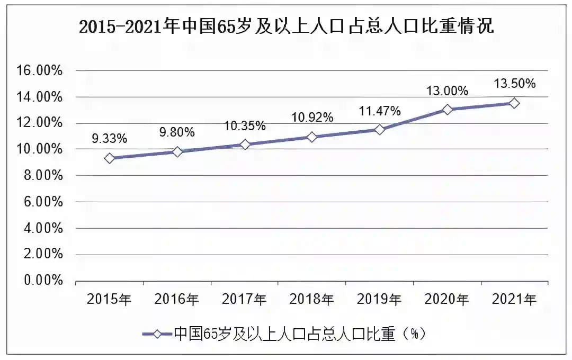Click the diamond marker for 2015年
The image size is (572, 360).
tap(110, 158)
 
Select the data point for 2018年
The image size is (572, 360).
tap(312, 137)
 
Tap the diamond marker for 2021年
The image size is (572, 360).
tap(514, 103)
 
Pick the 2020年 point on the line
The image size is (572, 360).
tap(447, 110)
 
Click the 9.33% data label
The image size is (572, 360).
tap(110, 139)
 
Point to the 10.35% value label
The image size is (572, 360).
tap(245, 126)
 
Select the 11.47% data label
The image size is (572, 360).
tap(380, 111)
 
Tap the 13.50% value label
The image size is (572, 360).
tap(515, 84)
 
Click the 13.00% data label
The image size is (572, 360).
tap(447, 91)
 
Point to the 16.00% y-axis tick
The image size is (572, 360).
tap(39, 70)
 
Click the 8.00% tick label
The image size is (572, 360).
tap(43, 175)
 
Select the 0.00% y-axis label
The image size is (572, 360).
tap(43, 280)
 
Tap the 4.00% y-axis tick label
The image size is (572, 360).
tap(43, 228)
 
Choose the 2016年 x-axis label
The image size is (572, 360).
tap(176, 300)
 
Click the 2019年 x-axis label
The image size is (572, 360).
tap(379, 300)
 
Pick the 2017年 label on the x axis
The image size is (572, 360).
tap(244, 300)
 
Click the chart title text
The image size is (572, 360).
tap(287, 26)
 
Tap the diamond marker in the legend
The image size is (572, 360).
tap(157, 334)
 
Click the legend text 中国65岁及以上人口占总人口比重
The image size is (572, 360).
tap(284, 334)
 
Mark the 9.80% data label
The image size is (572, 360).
tap(177, 132)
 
